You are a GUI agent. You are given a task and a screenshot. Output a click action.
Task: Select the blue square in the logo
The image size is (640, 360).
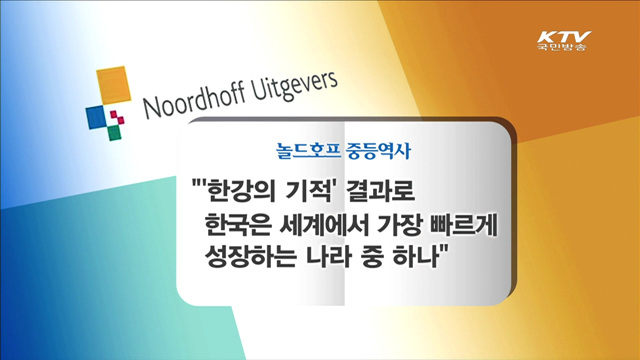click(x=96, y=116)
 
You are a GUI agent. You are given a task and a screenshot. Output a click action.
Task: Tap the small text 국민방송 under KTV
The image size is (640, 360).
click(x=560, y=48)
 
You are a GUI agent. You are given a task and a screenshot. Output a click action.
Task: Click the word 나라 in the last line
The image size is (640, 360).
click(x=326, y=257)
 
